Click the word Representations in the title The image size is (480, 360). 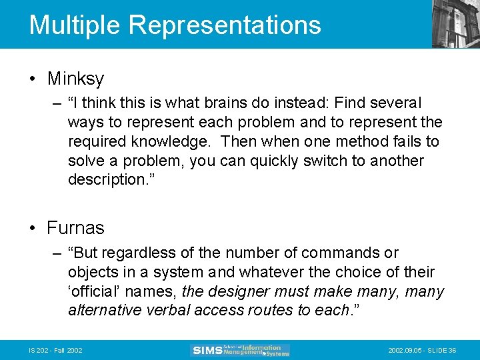tap(225, 25)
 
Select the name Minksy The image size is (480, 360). tap(75, 79)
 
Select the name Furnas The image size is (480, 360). tap(75, 228)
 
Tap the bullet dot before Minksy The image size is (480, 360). tap(33, 79)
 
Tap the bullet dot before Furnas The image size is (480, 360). tap(33, 229)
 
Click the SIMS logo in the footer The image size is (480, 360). tap(240, 350)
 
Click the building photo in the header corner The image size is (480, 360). tap(455, 24)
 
